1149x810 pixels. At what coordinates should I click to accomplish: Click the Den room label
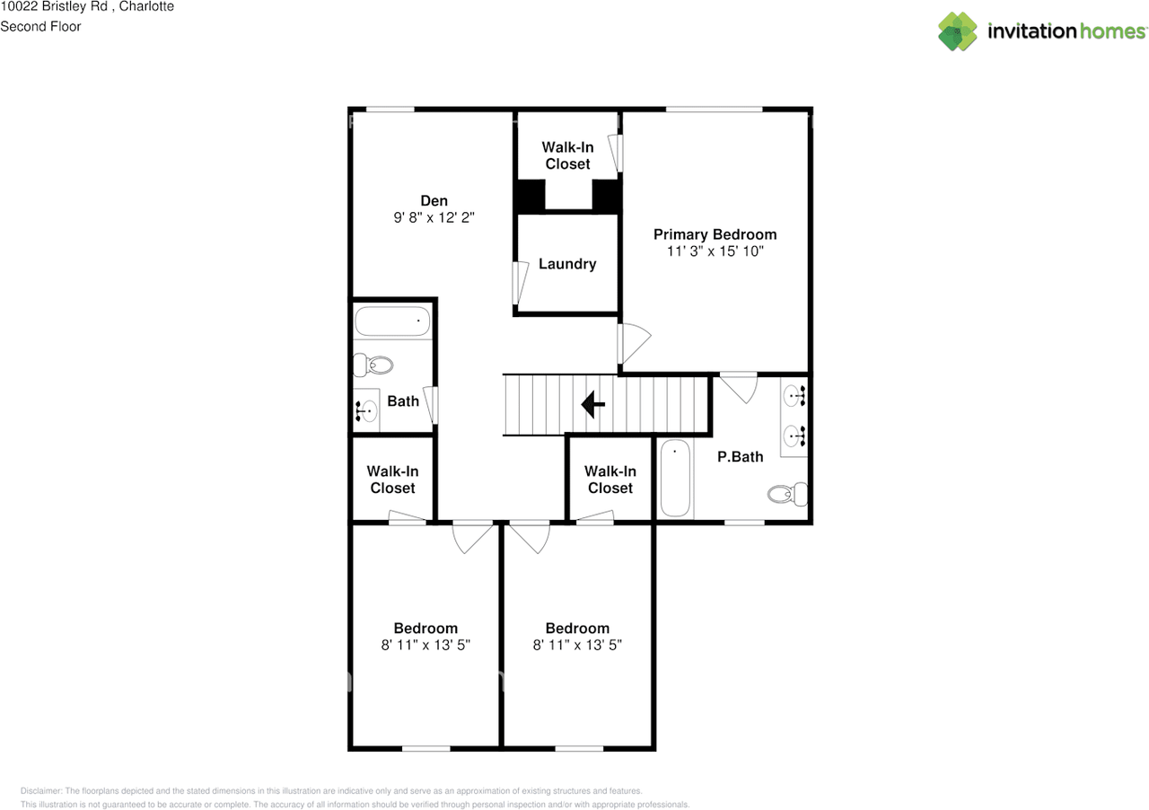click(434, 200)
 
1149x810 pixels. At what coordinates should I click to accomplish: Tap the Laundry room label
click(567, 264)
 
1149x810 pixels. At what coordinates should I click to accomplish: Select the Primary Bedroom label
click(715, 234)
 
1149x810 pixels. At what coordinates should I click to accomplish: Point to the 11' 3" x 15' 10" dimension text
click(715, 251)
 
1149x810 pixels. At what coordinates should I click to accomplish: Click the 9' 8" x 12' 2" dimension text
click(434, 217)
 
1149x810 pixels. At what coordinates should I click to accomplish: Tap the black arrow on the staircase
click(592, 404)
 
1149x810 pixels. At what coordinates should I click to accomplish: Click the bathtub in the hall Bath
click(392, 321)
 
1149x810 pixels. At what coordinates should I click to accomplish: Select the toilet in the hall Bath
click(373, 365)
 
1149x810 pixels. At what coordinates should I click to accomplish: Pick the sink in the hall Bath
click(365, 410)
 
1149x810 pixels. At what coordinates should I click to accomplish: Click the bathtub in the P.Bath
click(675, 478)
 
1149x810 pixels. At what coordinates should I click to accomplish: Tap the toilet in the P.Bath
click(788, 493)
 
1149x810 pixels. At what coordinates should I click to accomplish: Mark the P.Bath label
click(741, 456)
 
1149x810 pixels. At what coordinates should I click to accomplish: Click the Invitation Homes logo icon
click(958, 31)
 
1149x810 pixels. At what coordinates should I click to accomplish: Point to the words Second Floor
click(40, 26)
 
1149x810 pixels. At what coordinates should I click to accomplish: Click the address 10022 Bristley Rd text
click(55, 6)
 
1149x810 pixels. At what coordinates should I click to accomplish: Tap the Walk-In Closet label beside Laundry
click(567, 155)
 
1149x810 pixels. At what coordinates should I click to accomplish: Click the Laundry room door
click(518, 283)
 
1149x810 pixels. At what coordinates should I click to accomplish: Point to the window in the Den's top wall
click(390, 109)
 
